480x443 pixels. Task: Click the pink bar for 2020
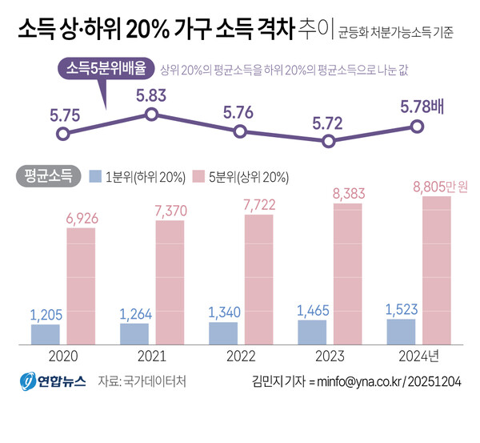coord(81,286)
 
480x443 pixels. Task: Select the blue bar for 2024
coord(401,332)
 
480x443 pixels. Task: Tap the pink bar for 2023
coord(347,274)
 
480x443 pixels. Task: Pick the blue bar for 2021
coord(134,334)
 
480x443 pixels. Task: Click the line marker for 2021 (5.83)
coord(151,115)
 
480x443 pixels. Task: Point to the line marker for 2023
coord(328,141)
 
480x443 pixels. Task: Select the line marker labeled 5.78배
coord(417,126)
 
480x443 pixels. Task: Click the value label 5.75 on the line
coord(64,115)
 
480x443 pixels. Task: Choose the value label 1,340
coord(223,312)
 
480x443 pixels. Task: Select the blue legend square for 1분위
coord(95,175)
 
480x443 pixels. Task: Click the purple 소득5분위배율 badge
coord(106,69)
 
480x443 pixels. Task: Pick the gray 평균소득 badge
coord(47,175)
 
